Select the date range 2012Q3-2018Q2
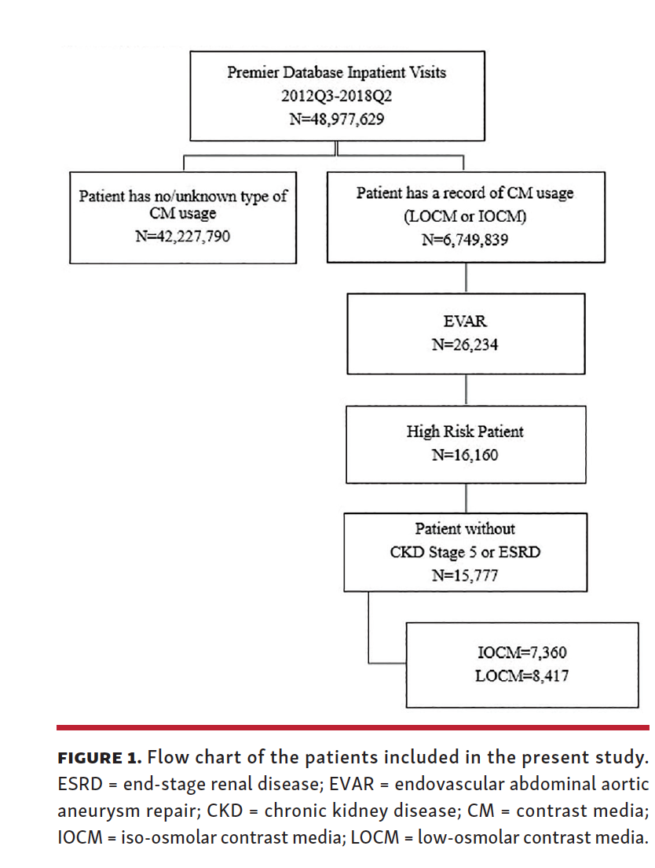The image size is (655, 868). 336,96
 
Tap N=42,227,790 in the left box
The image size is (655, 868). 182,234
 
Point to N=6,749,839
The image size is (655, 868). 464,239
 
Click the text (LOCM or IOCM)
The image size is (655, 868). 464,216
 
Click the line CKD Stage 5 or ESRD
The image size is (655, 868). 465,552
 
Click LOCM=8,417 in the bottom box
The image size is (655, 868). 521,675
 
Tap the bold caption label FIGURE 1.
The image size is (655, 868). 100,759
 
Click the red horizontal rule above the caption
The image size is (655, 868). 353,727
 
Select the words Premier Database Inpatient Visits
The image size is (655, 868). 336,72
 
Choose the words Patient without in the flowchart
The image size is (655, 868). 465,529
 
